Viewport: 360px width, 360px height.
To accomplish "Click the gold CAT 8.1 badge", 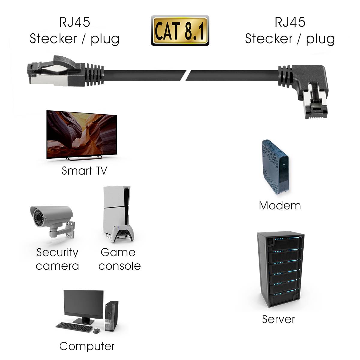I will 180,31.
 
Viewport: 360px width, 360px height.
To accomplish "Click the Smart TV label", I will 84,171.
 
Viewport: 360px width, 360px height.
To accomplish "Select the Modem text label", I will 280,205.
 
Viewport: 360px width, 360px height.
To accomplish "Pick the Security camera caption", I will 57,259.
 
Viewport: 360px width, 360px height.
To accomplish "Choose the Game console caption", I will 119,259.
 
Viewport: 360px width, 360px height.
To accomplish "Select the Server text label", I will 278,319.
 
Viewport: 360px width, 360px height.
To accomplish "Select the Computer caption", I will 87,346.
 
